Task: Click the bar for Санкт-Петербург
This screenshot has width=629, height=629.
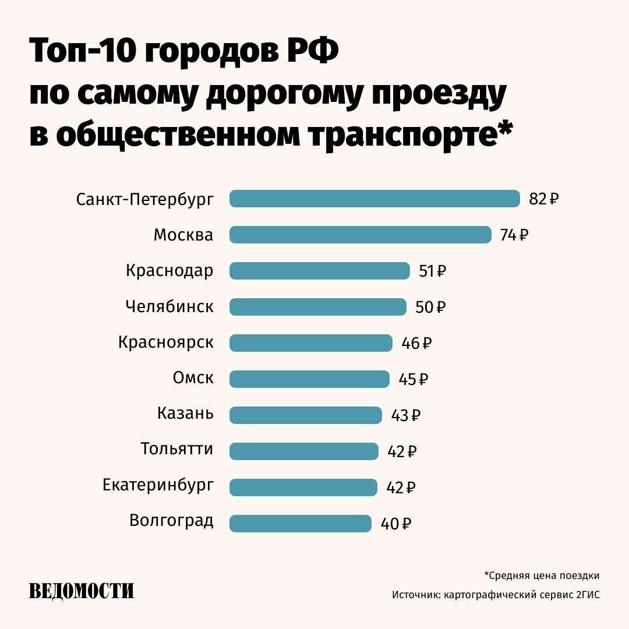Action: point(374,199)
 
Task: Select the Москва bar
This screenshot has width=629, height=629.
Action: point(361,235)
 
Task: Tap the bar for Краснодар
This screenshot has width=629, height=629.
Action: point(320,271)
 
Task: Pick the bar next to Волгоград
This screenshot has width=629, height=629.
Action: point(301,524)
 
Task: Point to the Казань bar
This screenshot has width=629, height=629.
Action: point(306,415)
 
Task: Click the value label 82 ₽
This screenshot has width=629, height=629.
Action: point(544,199)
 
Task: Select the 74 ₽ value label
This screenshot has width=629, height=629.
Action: point(514,235)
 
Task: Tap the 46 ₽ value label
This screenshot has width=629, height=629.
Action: point(416,344)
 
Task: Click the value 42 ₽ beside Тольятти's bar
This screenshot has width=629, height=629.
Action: point(402,452)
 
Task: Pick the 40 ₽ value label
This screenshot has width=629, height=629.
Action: point(396,524)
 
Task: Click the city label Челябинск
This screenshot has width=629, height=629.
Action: point(169,307)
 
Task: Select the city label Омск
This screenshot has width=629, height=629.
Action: point(193,378)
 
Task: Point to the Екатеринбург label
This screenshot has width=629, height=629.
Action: point(158,485)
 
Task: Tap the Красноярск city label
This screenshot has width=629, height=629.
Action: point(165,343)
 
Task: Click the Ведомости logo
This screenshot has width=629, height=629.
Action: point(82,591)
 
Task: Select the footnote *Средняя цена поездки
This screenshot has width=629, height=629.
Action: point(542,576)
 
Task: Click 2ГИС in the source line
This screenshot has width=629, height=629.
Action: point(588,595)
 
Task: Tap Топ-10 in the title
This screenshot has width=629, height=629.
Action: point(82,51)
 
